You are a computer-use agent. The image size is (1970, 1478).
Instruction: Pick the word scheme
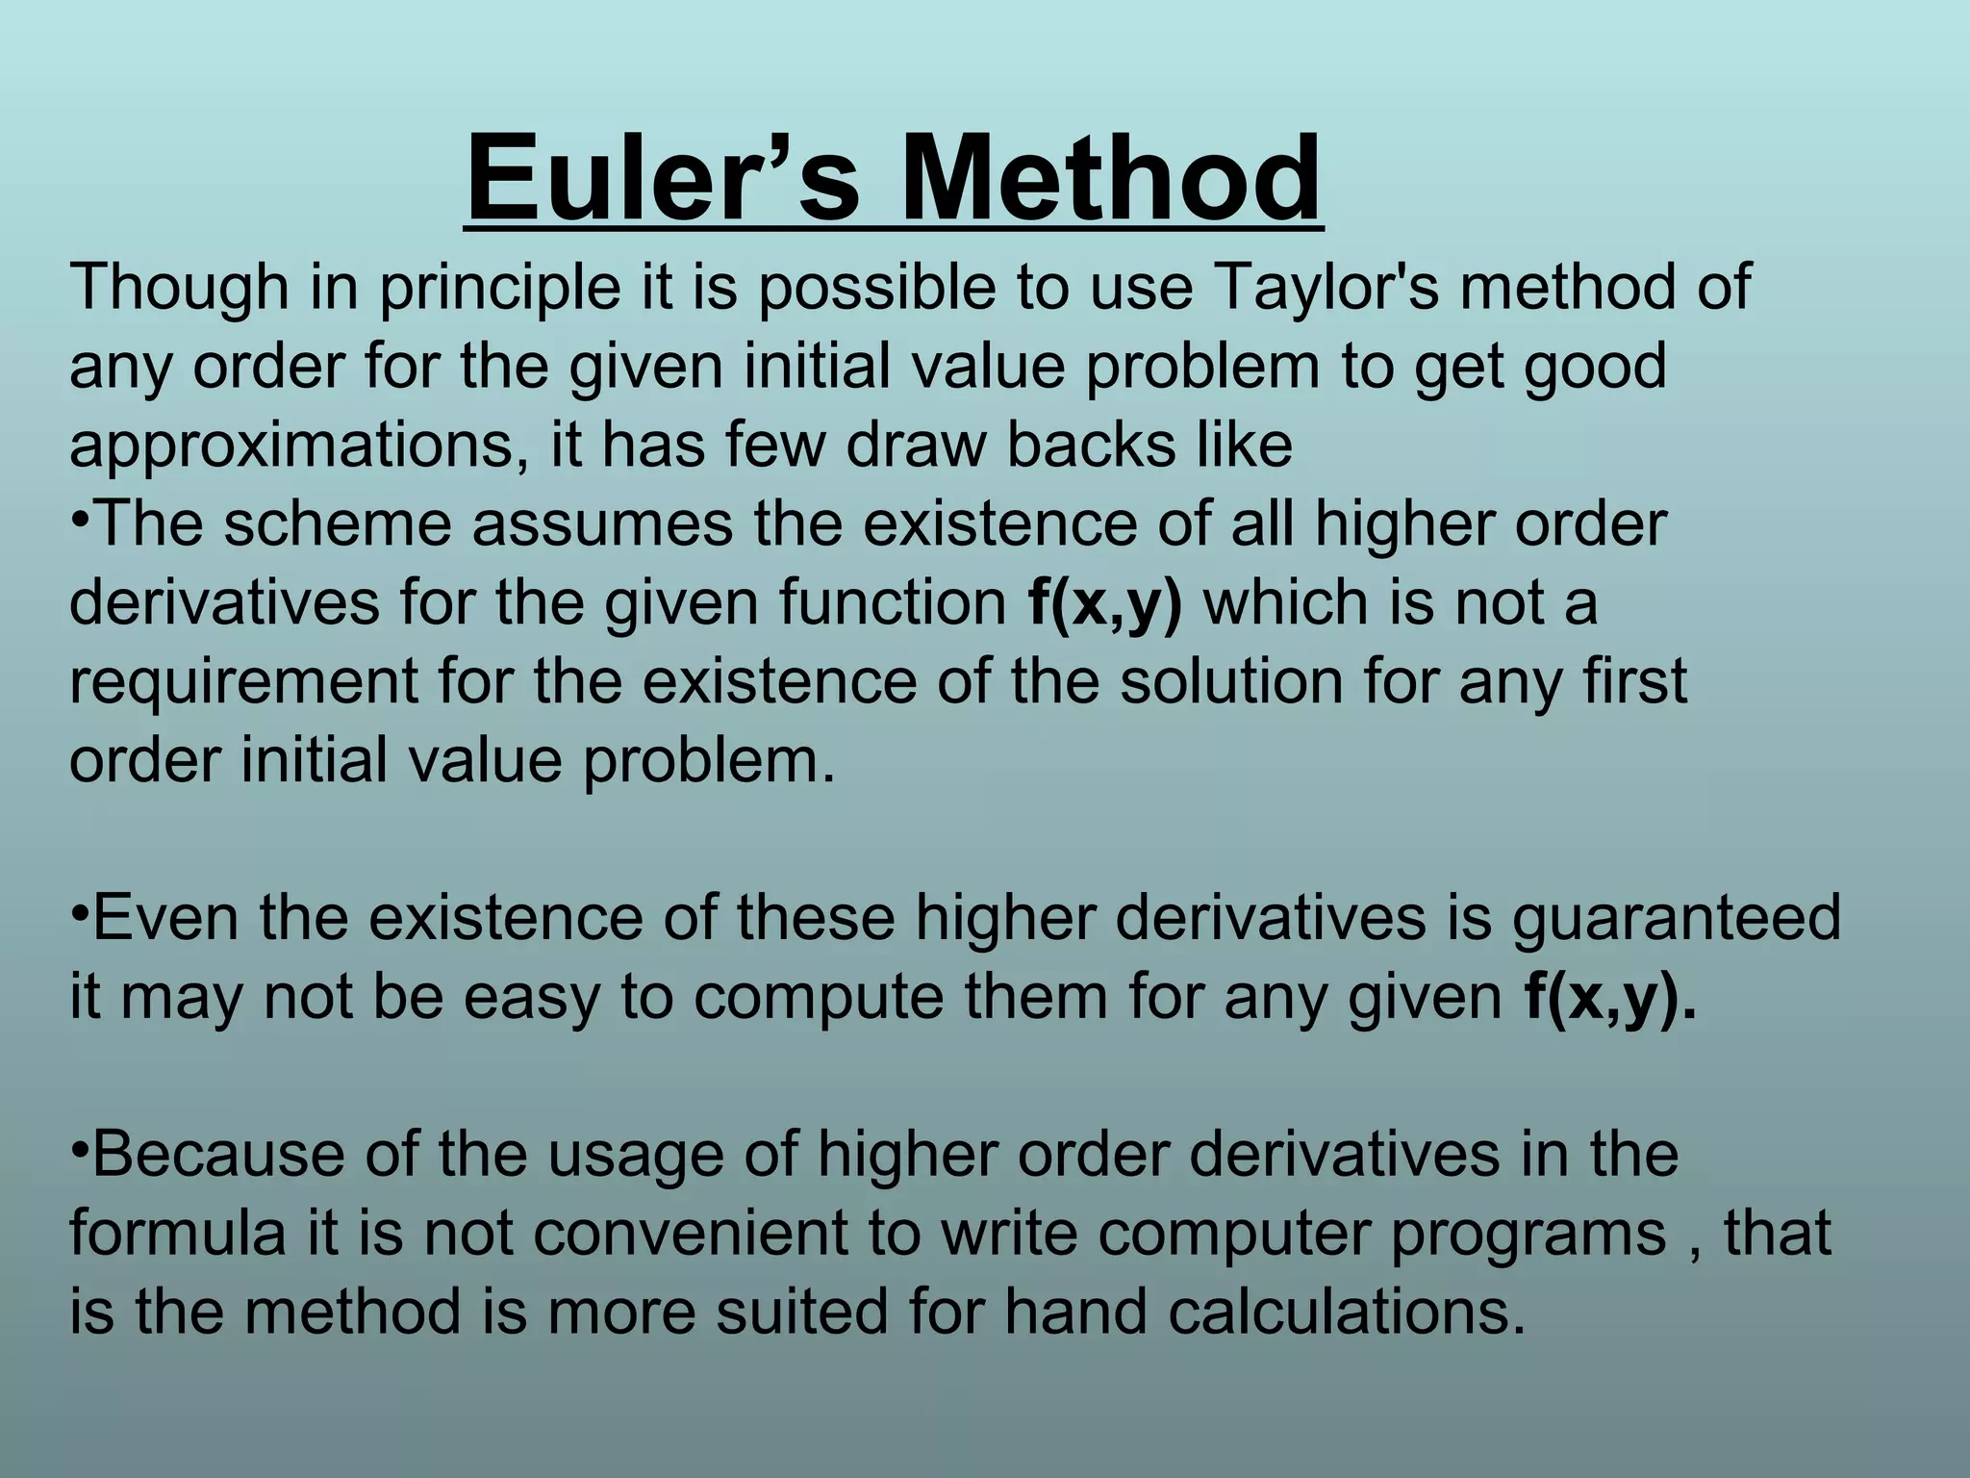pyautogui.click(x=337, y=525)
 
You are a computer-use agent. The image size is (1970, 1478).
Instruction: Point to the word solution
pyautogui.click(x=1231, y=681)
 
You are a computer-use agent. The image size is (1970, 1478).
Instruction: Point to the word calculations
pyautogui.click(x=1347, y=1312)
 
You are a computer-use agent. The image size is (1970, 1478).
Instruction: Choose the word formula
pyautogui.click(x=178, y=1234)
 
